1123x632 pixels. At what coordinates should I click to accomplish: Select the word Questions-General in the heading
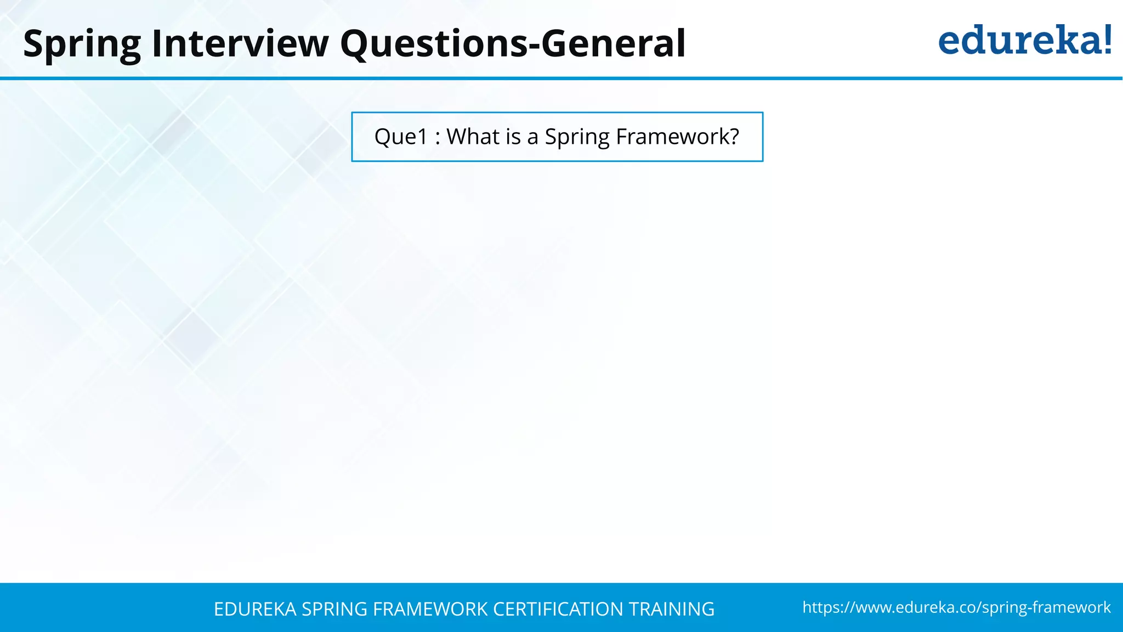(x=513, y=44)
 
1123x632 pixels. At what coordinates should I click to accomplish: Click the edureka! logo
(x=1024, y=41)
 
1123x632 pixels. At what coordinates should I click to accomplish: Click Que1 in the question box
(x=400, y=137)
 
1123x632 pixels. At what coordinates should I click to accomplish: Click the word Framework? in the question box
(x=678, y=137)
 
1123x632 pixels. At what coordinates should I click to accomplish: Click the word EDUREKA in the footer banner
(x=255, y=610)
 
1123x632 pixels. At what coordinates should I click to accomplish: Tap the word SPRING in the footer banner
(x=334, y=610)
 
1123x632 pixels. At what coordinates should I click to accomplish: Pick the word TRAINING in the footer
(x=671, y=610)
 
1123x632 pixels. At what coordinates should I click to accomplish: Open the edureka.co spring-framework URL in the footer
(x=956, y=608)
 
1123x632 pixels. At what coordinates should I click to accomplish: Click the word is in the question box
(x=513, y=137)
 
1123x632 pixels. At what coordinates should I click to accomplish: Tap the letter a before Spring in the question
(x=532, y=138)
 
